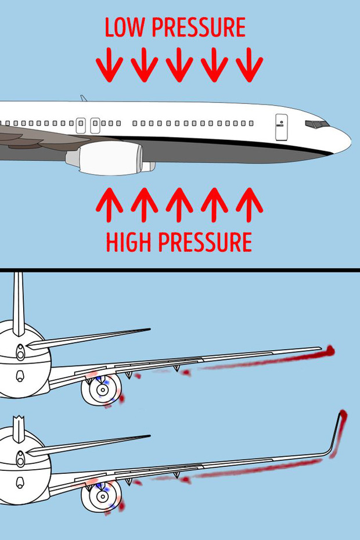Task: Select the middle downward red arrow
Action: click(179, 64)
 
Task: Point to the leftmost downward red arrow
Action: click(109, 64)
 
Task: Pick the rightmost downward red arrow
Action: click(249, 64)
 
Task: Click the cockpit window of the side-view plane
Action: click(317, 124)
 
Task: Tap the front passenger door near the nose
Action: click(281, 127)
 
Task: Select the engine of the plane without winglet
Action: click(102, 390)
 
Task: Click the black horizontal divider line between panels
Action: click(180, 270)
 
